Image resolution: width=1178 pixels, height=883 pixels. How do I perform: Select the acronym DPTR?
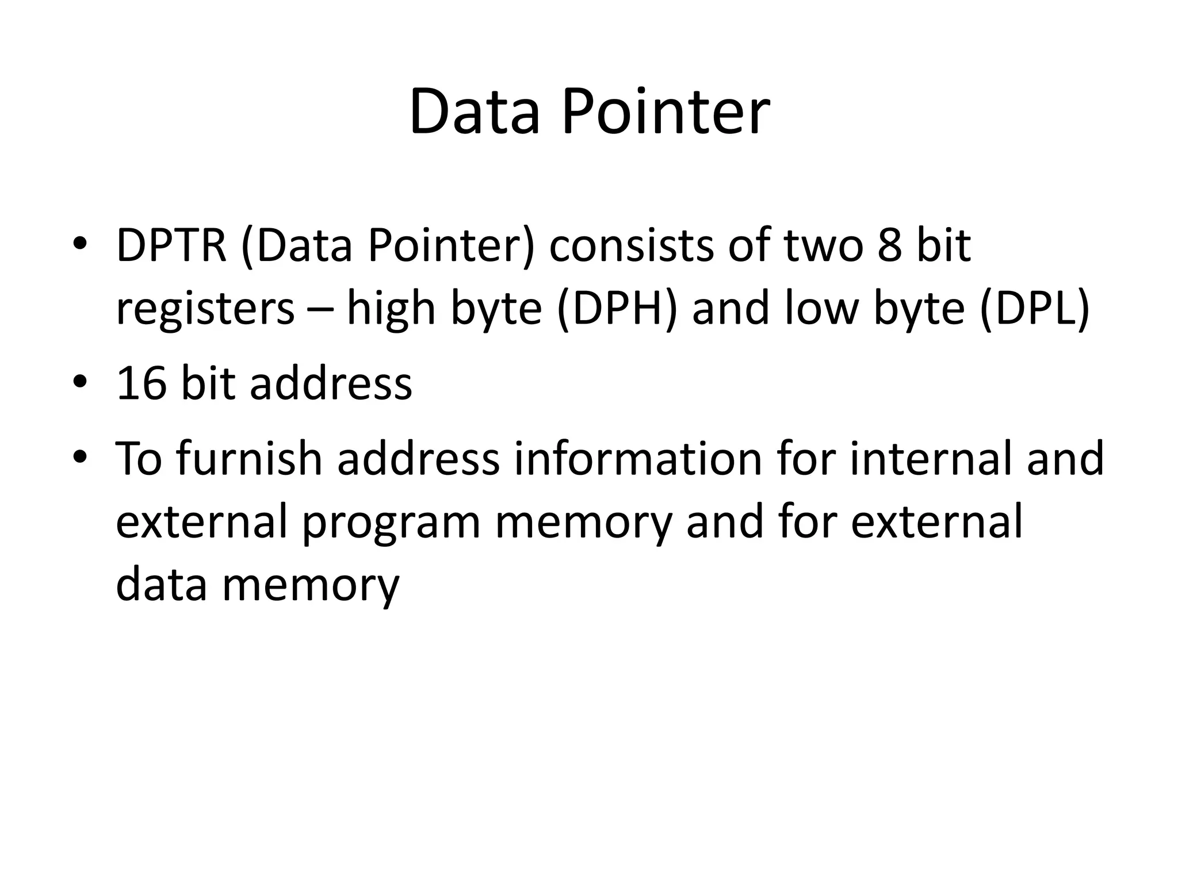171,245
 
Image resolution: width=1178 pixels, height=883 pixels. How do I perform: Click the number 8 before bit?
890,245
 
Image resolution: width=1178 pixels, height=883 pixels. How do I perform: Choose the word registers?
205,309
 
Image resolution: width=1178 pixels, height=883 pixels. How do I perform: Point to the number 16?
141,383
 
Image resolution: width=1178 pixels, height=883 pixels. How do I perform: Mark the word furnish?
248,458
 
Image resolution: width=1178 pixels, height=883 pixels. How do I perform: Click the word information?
637,458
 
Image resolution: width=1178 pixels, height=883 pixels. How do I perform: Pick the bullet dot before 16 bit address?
79,381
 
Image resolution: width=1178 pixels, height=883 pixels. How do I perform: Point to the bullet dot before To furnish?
79,456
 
